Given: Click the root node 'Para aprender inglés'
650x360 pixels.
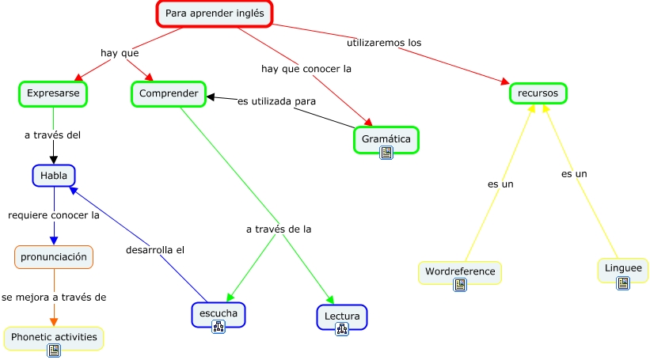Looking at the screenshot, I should pyautogui.click(x=214, y=13).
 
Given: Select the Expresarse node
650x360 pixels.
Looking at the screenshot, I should pyautogui.click(x=53, y=93).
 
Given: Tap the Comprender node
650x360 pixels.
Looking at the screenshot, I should pyautogui.click(x=169, y=93).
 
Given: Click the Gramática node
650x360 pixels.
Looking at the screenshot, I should pyautogui.click(x=386, y=138).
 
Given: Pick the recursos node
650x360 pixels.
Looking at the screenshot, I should pyautogui.click(x=538, y=93).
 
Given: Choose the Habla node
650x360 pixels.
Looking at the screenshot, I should pyautogui.click(x=53, y=175).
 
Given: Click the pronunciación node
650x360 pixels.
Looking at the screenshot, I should pyautogui.click(x=54, y=256).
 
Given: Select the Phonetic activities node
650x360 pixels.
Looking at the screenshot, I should pyautogui.click(x=54, y=337).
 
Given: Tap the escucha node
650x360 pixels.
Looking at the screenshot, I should pyautogui.click(x=219, y=313).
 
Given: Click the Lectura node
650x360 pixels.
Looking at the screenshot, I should pyautogui.click(x=342, y=316).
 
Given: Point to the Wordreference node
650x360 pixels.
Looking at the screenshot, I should pyautogui.click(x=460, y=271).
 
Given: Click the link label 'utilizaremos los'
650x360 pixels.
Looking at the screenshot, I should pyautogui.click(x=384, y=41).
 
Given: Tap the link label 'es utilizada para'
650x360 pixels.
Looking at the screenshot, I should pyautogui.click(x=276, y=101).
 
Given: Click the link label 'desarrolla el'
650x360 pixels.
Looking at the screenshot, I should pyautogui.click(x=155, y=250).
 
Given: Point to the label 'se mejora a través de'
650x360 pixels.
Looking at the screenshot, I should pyautogui.click(x=54, y=297).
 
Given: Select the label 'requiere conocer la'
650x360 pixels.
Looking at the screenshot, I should pyautogui.click(x=53, y=214).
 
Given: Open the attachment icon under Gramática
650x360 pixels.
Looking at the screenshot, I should pyautogui.click(x=386, y=153).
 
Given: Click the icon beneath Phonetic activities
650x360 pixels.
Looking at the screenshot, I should pyautogui.click(x=54, y=351).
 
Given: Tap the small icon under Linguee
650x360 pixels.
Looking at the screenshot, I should pyautogui.click(x=623, y=282).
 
